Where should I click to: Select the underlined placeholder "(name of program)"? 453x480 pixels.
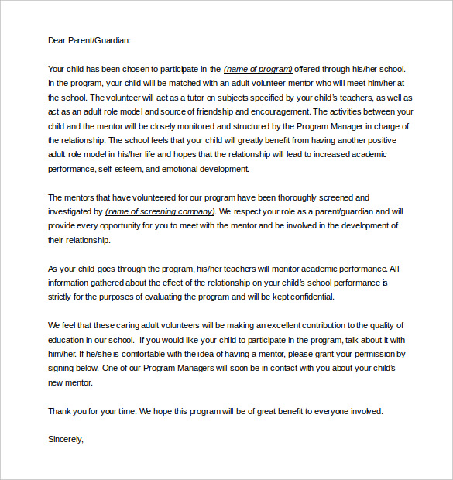[258, 69]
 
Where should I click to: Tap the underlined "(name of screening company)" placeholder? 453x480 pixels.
[160, 211]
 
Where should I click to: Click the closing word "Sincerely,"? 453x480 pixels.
[65, 440]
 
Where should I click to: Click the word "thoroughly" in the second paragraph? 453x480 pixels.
[276, 197]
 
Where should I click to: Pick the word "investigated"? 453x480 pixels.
[72, 211]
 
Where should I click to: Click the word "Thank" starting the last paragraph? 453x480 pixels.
[60, 411]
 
